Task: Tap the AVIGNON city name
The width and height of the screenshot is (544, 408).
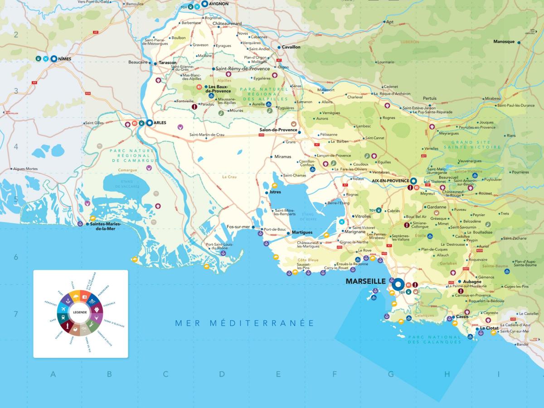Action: pyautogui.click(x=219, y=4)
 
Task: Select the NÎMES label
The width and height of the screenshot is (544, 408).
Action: pyautogui.click(x=65, y=59)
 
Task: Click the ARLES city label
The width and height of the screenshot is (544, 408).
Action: pyautogui.click(x=160, y=122)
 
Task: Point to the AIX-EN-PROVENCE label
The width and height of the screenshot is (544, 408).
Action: pyautogui.click(x=390, y=180)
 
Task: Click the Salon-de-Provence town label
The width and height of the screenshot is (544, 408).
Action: pyautogui.click(x=278, y=130)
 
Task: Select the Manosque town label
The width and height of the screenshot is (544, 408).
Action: pyautogui.click(x=504, y=42)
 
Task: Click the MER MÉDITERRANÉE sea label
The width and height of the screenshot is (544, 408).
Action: pyautogui.click(x=245, y=323)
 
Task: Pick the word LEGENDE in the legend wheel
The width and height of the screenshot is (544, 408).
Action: pyautogui.click(x=80, y=312)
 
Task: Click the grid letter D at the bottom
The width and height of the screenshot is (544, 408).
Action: pyautogui.click(x=222, y=374)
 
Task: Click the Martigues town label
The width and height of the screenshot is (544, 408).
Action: pyautogui.click(x=302, y=233)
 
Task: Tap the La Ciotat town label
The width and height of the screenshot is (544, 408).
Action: pyautogui.click(x=489, y=328)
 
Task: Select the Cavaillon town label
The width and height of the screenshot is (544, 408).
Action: pyautogui.click(x=291, y=47)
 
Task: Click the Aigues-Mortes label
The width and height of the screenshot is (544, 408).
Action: pyautogui.click(x=25, y=169)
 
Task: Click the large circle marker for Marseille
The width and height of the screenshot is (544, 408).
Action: pyautogui.click(x=398, y=284)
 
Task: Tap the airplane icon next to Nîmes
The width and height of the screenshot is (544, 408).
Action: pyautogui.click(x=46, y=59)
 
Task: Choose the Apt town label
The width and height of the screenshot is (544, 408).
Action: pyautogui.click(x=389, y=22)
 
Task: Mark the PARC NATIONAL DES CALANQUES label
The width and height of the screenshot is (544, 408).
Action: pyautogui.click(x=434, y=340)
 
